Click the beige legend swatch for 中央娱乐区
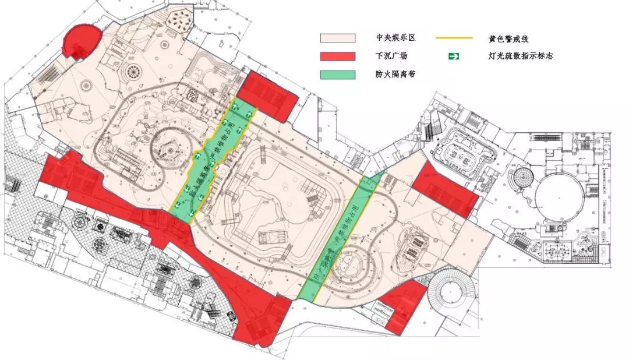pos(337,38)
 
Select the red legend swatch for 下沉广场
pos(337,56)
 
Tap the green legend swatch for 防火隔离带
pos(337,75)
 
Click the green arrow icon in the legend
pos(453,56)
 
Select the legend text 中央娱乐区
pos(395,38)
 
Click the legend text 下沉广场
pos(391,57)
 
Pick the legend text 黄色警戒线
pos(509,38)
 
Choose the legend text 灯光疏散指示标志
pos(520,57)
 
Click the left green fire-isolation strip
pos(212,160)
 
